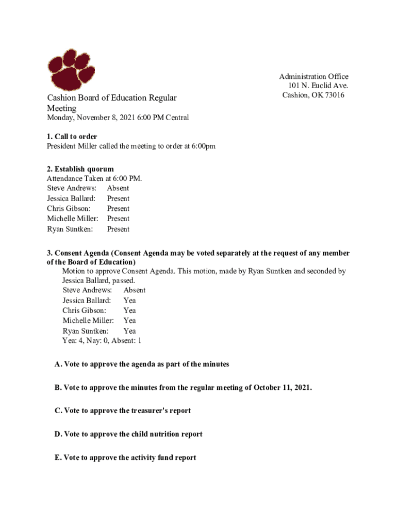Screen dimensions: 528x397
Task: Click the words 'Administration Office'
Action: [x=313, y=76]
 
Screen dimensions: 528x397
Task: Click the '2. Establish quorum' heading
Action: [x=80, y=169]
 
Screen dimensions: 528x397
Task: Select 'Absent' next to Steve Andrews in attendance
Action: [x=118, y=188]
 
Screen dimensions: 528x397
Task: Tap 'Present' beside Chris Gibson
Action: [x=118, y=209]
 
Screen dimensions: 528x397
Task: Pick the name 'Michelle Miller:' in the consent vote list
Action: [x=88, y=321]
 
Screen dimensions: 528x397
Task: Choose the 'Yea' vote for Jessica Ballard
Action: [x=129, y=300]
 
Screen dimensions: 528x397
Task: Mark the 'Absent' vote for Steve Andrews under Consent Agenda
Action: [x=134, y=290]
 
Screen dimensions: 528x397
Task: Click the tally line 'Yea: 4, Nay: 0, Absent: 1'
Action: [x=102, y=341]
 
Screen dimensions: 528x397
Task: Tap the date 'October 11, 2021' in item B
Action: [x=282, y=387]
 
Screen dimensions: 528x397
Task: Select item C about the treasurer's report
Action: [x=123, y=411]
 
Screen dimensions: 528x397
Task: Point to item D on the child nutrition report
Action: [x=128, y=434]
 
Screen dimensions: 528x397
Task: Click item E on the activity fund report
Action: [x=125, y=457]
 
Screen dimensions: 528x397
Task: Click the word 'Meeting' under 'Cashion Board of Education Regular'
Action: [x=62, y=108]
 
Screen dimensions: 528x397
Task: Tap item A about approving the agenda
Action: [x=142, y=364]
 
